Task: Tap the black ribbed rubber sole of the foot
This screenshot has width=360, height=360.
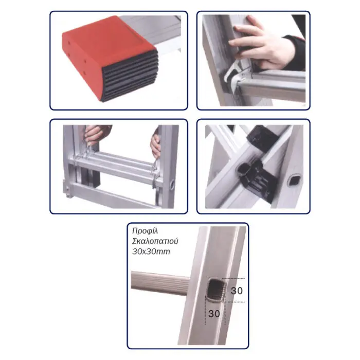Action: click(x=130, y=76)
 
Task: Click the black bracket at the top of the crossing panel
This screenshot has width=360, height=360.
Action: click(x=262, y=138)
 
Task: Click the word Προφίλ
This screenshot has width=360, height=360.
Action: click(x=145, y=231)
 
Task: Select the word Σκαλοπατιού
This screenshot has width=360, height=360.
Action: click(x=155, y=241)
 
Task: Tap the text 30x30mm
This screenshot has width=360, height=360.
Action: click(x=151, y=251)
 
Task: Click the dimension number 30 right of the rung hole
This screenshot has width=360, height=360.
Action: click(x=237, y=291)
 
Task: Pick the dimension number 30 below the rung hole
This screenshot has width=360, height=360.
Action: click(x=214, y=313)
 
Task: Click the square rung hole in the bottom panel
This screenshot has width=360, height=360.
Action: click(x=215, y=290)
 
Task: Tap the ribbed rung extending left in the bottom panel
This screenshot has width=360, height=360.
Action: click(x=160, y=283)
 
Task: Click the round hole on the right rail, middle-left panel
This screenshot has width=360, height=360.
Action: click(x=172, y=185)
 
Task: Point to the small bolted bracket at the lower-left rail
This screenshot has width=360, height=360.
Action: click(x=68, y=189)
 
